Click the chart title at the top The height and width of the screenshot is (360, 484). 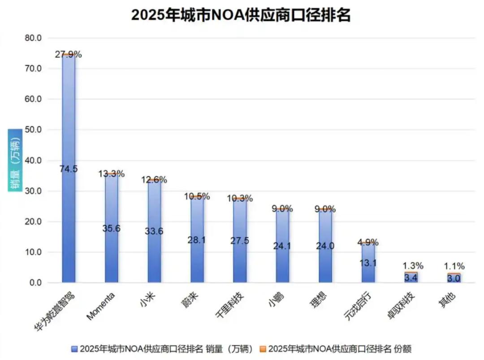pyautogui.click(x=241, y=15)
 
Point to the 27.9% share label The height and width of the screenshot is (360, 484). pyautogui.click(x=69, y=55)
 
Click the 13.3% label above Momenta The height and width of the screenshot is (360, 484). pyautogui.click(x=112, y=174)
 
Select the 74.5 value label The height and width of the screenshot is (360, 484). pyautogui.click(x=69, y=169)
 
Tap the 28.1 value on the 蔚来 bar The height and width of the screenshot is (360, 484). pyautogui.click(x=197, y=240)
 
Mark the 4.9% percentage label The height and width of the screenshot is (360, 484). pyautogui.click(x=368, y=242)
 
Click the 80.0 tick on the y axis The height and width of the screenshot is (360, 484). pyautogui.click(x=33, y=38)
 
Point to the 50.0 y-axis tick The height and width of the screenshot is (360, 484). pyautogui.click(x=33, y=130)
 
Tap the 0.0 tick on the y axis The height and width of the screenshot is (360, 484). pyautogui.click(x=35, y=283)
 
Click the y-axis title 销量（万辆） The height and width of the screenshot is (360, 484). pyautogui.click(x=15, y=160)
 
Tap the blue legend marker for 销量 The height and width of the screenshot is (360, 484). pyautogui.click(x=75, y=348)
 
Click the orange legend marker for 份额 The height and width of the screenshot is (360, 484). pyautogui.click(x=263, y=348)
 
